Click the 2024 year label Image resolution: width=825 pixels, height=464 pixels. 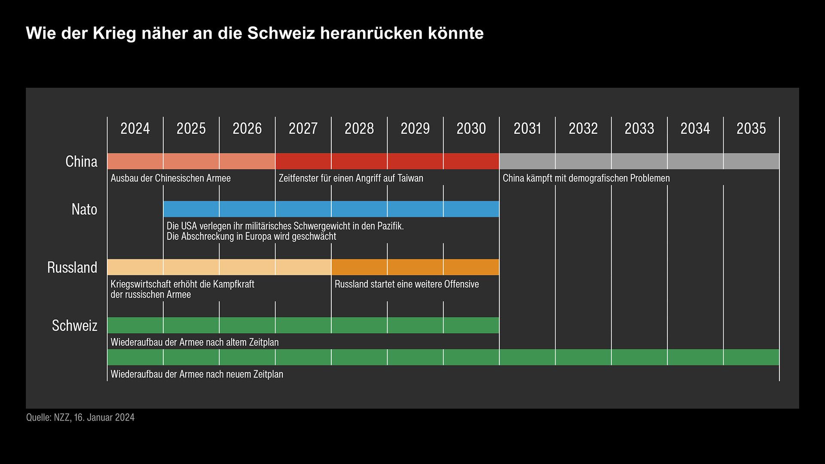(x=135, y=128)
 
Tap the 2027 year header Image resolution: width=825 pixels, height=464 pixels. (x=303, y=128)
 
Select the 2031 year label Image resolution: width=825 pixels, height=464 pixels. (x=527, y=128)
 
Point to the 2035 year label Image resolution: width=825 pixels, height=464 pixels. (x=751, y=128)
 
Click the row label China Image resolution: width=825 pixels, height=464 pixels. (x=81, y=162)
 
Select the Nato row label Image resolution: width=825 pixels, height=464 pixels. (x=84, y=209)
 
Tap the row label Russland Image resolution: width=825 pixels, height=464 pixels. (x=72, y=267)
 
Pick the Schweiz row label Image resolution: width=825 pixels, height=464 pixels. (x=75, y=325)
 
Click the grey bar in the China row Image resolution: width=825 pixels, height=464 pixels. (x=639, y=161)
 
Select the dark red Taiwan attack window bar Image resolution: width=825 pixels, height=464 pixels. (x=387, y=161)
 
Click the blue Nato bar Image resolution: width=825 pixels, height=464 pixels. (x=331, y=209)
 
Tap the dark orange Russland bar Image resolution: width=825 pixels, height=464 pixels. (x=415, y=267)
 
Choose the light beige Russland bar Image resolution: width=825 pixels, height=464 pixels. (x=219, y=267)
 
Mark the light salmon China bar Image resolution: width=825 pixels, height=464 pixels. (x=191, y=161)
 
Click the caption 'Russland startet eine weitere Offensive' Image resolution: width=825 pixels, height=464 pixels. (x=406, y=284)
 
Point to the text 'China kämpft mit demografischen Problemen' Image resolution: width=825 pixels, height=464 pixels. (x=586, y=178)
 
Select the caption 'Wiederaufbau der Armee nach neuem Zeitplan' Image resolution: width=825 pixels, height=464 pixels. (x=197, y=374)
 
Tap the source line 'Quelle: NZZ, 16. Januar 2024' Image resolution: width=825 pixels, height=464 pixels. (x=80, y=417)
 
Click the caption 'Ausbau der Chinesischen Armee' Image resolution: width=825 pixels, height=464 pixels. (x=171, y=178)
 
